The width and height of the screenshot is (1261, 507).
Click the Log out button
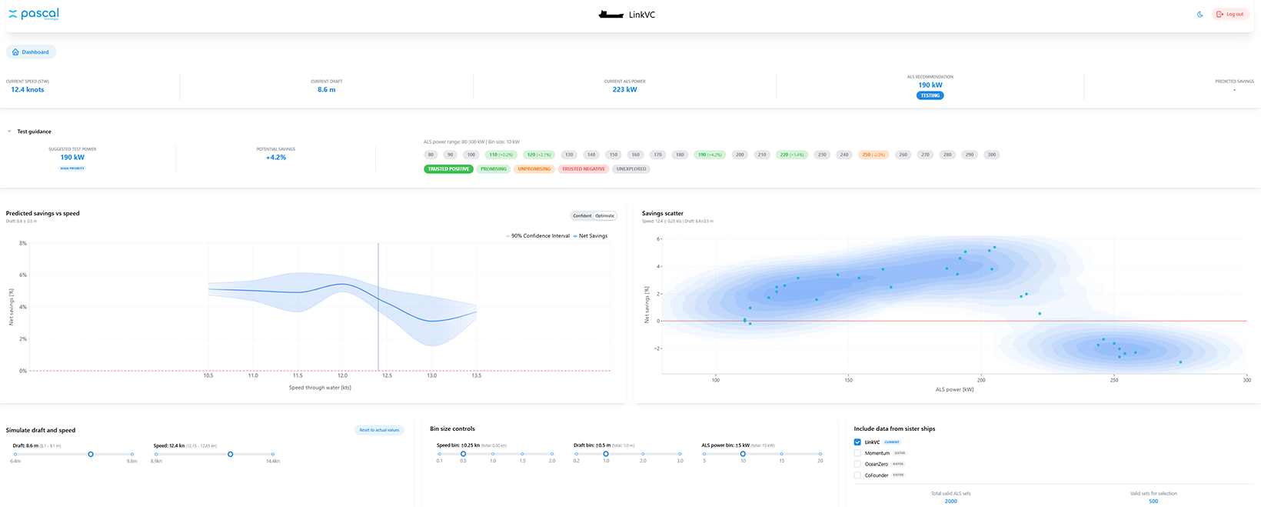tap(1230, 15)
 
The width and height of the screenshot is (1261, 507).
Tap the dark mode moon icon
tap(1199, 15)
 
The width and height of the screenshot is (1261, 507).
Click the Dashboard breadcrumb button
tap(32, 52)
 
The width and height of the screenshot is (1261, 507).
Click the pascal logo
tap(34, 14)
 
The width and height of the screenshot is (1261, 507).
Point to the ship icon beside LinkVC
tap(611, 15)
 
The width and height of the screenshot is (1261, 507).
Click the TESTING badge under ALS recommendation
tap(930, 95)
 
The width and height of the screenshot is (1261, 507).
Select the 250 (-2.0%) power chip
tap(873, 155)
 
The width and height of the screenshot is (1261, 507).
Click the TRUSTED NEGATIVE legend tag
tap(583, 169)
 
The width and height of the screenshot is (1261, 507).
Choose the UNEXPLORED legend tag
tap(630, 169)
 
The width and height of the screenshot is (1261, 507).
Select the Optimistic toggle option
tap(605, 215)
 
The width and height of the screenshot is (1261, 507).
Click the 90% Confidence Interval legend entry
tap(537, 236)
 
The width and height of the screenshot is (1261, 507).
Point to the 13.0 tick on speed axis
tap(431, 375)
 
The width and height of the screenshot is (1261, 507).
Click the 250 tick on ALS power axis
tap(1113, 380)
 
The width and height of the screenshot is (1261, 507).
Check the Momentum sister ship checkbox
tap(857, 453)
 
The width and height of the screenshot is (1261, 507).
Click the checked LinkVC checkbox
tap(857, 442)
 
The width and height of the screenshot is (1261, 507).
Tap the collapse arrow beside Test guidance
tap(9, 132)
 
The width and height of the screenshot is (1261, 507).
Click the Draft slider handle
tap(91, 454)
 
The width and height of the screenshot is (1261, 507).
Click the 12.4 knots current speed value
tap(28, 90)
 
